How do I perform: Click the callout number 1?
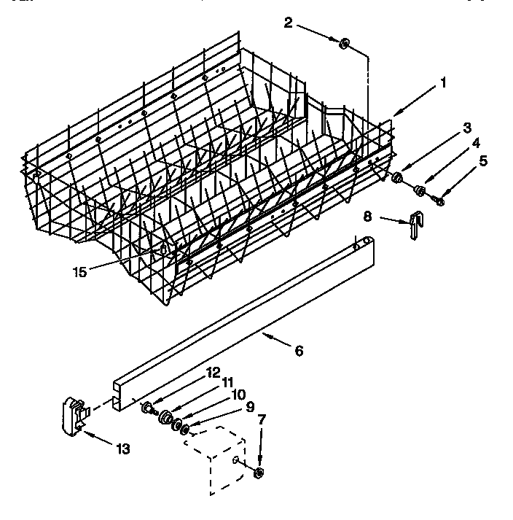pyautogui.click(x=443, y=84)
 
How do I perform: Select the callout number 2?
pyautogui.click(x=288, y=23)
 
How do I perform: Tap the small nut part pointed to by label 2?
pyautogui.click(x=344, y=44)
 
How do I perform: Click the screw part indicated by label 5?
pyautogui.click(x=439, y=198)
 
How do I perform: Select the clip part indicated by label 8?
pyautogui.click(x=415, y=222)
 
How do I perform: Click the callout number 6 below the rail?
pyautogui.click(x=299, y=350)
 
